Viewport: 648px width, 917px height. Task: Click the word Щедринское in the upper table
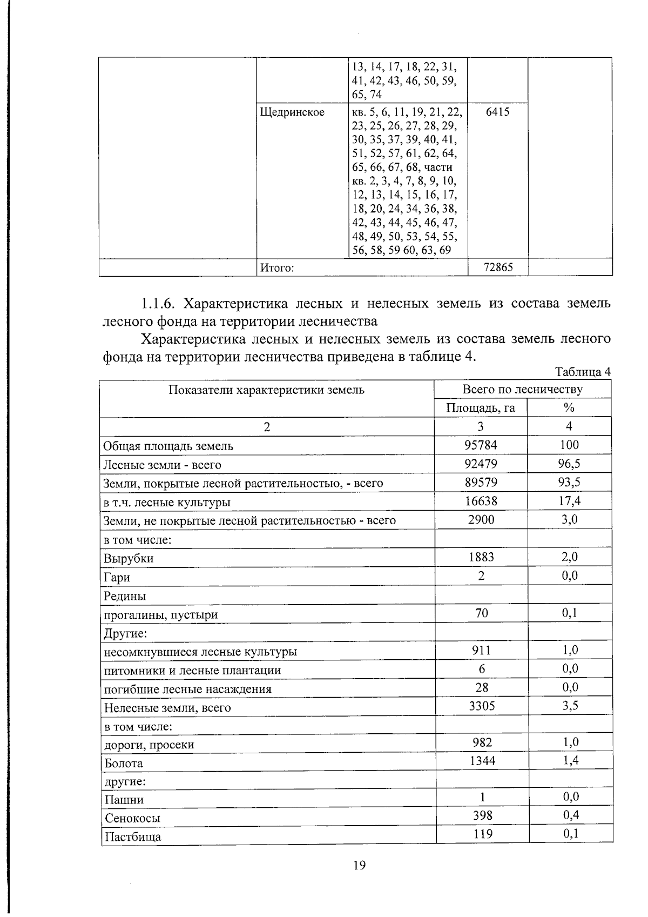click(x=292, y=112)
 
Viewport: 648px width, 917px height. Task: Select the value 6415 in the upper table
click(x=497, y=112)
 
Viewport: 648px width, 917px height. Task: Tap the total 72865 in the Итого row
click(x=497, y=267)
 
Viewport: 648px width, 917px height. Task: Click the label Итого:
click(x=277, y=267)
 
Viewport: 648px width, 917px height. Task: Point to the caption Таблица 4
click(x=583, y=372)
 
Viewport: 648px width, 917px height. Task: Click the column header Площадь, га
click(x=480, y=408)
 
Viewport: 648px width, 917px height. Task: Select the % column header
click(x=569, y=408)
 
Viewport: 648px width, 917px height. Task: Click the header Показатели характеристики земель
click(x=266, y=390)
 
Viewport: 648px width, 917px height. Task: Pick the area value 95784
click(x=480, y=445)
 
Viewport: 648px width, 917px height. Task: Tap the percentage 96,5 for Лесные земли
click(x=569, y=464)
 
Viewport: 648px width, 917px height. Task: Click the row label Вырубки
click(x=129, y=559)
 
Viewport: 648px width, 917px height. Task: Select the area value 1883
click(x=480, y=557)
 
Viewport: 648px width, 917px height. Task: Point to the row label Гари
click(x=117, y=578)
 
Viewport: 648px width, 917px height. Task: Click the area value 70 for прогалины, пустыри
click(x=481, y=613)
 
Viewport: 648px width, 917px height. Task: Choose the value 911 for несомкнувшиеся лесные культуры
click(x=481, y=650)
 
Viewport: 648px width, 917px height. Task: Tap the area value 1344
click(x=481, y=761)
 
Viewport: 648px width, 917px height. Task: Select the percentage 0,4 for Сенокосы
click(x=570, y=815)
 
